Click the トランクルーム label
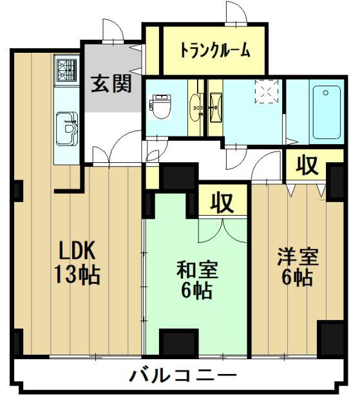(x=214, y=50)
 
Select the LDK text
(x=78, y=250)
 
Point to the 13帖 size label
(x=77, y=275)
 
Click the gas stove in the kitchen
(x=67, y=68)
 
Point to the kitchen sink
(x=67, y=127)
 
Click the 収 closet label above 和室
(x=223, y=202)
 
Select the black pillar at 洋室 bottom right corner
(x=332, y=337)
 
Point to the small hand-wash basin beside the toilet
(x=195, y=106)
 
